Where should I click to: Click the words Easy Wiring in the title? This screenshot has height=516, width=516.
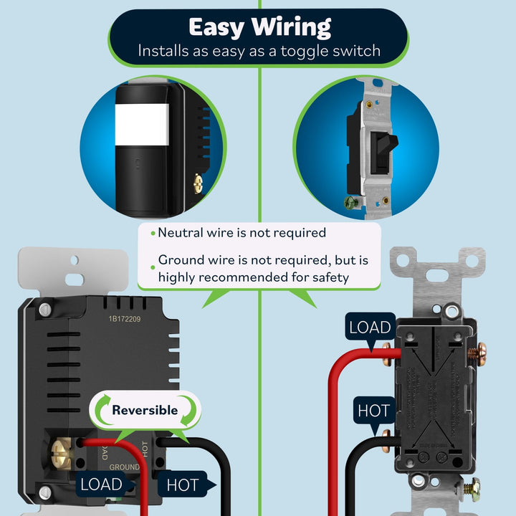coord(259,27)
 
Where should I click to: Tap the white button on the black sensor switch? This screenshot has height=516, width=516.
coord(142,123)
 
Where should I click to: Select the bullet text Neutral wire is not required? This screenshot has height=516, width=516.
coord(242,232)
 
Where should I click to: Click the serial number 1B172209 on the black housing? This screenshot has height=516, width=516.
coord(125,320)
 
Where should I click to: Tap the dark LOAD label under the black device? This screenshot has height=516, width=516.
coord(101,484)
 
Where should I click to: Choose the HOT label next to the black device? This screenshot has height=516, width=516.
coord(183,485)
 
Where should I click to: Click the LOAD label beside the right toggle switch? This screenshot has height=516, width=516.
coord(370,328)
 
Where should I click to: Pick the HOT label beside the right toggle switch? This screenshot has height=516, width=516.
coord(373,411)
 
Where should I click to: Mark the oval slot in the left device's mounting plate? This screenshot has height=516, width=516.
coord(73,278)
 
